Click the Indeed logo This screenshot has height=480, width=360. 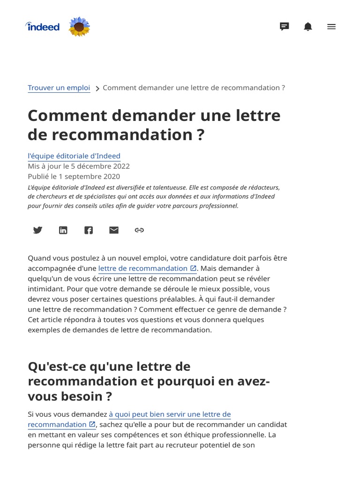43,27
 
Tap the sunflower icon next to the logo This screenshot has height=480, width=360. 79,27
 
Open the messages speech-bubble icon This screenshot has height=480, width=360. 284,27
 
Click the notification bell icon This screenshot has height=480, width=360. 307,27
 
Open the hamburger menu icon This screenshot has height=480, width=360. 331,27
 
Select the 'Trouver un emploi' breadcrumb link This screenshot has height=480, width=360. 59,88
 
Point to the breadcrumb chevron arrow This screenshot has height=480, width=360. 97,89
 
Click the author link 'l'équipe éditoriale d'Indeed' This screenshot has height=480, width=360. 74,156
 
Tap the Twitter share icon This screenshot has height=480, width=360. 38,230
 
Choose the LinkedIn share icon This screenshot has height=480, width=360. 63,230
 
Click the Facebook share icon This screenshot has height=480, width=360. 89,230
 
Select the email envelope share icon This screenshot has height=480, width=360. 114,230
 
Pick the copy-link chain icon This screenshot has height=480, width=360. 139,230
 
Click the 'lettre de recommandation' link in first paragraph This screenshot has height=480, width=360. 143,268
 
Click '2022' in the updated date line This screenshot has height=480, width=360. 120,166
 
